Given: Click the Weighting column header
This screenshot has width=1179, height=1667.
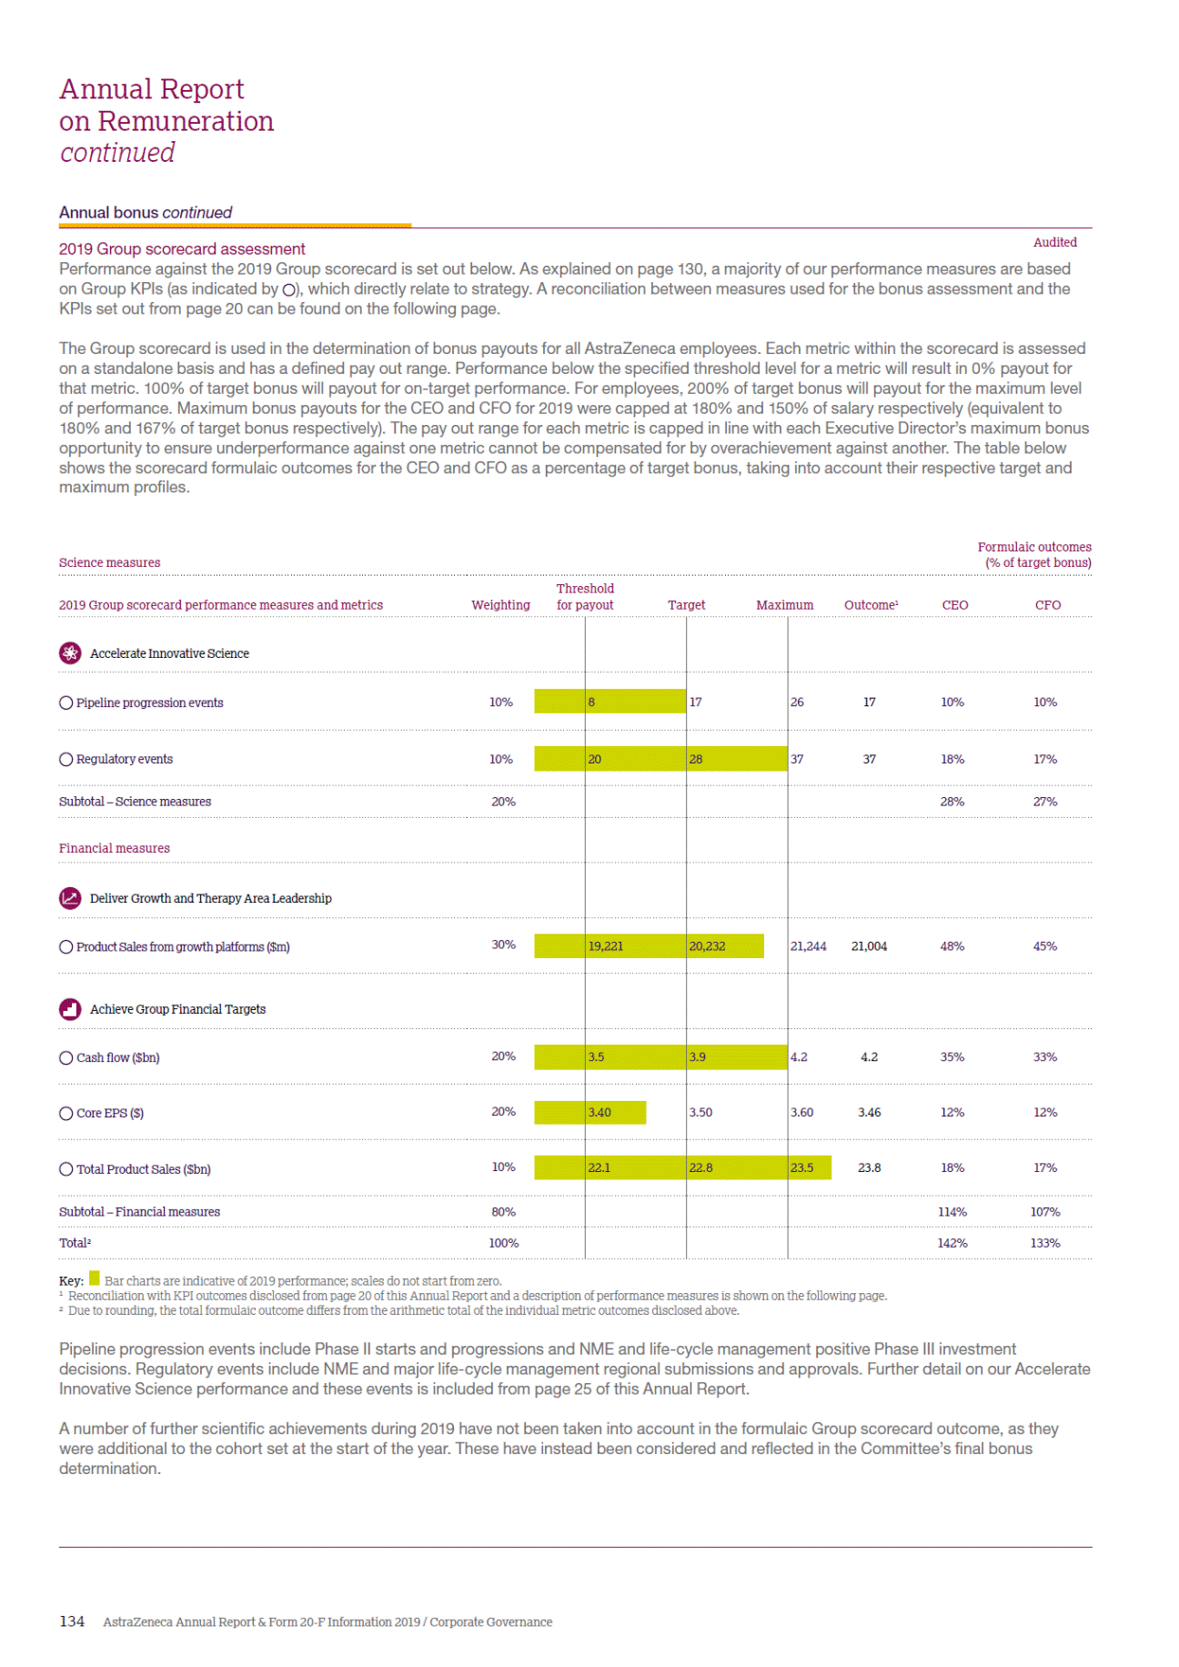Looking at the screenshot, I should click(500, 605).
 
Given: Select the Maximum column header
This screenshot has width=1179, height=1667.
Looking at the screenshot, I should click(784, 605).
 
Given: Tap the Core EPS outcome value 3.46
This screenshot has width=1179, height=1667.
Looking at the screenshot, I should click(869, 1113).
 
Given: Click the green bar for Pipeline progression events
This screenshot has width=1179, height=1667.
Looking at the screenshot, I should click(610, 702).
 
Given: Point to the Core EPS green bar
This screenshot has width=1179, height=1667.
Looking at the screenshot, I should click(589, 1113).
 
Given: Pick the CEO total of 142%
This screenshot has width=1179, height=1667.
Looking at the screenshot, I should click(952, 1243).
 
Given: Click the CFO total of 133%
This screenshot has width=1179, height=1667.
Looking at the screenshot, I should click(1045, 1243).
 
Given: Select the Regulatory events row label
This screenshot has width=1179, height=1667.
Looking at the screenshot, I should click(124, 759).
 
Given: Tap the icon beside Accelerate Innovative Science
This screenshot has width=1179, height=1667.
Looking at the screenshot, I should click(70, 653).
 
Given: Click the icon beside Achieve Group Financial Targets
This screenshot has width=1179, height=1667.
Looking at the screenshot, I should click(70, 1009).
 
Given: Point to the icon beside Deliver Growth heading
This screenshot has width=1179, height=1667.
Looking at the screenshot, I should click(70, 898).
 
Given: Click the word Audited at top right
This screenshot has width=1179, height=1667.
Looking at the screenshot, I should click(1054, 242).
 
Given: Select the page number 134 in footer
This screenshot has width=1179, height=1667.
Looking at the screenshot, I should click(72, 1622).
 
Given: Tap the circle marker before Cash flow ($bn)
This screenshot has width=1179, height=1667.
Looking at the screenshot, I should click(65, 1057).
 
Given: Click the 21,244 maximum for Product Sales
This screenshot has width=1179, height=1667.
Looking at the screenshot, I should click(808, 946).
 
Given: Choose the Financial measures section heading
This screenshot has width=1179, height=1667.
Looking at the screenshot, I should click(115, 848).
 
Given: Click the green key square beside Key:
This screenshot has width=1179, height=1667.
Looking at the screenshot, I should click(95, 1279).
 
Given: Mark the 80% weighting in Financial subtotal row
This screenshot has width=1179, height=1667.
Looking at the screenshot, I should click(503, 1212).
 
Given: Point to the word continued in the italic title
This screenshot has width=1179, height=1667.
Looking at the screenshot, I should click(117, 153).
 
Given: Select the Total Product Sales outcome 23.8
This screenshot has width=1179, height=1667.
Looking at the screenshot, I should click(869, 1168).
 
